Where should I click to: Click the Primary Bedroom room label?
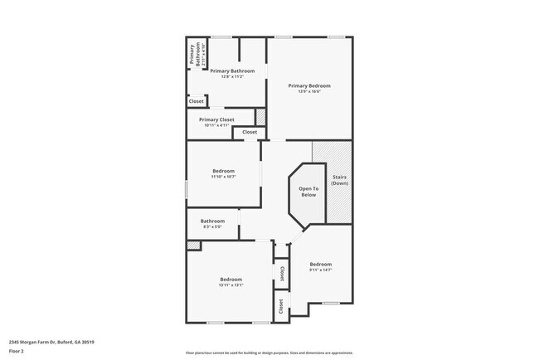pyautogui.click(x=309, y=85)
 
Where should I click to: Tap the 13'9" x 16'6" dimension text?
pyautogui.click(x=309, y=91)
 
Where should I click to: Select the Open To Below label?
pyautogui.click(x=308, y=192)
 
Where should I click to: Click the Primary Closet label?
pyautogui.click(x=216, y=119)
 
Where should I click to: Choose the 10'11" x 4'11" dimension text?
pyautogui.click(x=216, y=125)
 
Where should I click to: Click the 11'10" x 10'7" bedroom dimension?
pyautogui.click(x=223, y=177)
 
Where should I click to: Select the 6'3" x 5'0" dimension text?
pyautogui.click(x=212, y=226)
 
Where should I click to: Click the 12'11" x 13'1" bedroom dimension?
pyautogui.click(x=231, y=285)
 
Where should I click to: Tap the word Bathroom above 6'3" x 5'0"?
pyautogui.click(x=212, y=221)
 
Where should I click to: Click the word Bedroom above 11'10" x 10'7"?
pyautogui.click(x=223, y=171)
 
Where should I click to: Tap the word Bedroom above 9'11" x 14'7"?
pyautogui.click(x=320, y=264)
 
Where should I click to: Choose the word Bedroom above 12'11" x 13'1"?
pyautogui.click(x=231, y=280)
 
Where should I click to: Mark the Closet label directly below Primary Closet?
pyautogui.click(x=250, y=132)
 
